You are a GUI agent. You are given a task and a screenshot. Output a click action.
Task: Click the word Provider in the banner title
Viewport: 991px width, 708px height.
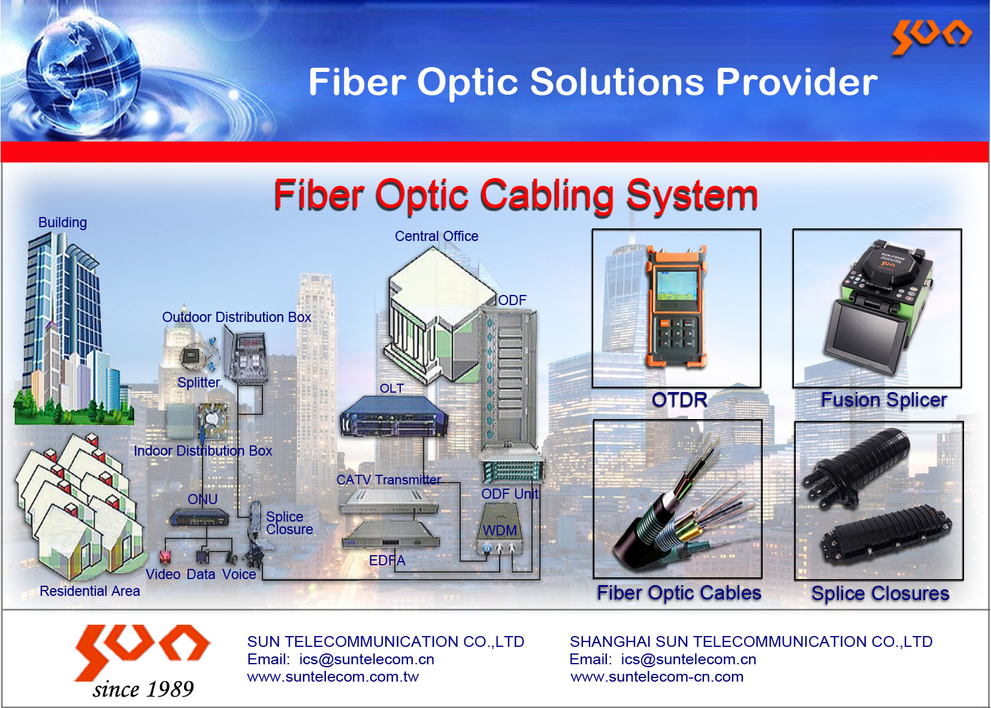pos(797,82)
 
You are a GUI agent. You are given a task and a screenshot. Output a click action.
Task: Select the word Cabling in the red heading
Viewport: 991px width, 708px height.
pos(547,195)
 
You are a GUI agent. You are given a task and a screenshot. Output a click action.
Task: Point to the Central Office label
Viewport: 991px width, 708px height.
pos(436,236)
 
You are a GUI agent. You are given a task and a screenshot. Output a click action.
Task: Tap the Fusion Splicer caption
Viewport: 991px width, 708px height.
pos(884,400)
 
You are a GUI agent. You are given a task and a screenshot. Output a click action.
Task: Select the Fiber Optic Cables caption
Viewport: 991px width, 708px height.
pos(679,592)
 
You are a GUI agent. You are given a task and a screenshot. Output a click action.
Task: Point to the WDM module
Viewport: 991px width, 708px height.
pos(500,529)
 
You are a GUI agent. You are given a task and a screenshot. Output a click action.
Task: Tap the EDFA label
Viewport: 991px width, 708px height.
pos(387,561)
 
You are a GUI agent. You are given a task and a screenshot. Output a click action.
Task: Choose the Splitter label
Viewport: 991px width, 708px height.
pos(199,382)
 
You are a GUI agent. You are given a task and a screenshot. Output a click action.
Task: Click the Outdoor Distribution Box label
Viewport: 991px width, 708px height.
pos(237,317)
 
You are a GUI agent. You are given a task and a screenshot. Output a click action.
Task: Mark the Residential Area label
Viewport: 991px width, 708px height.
pos(90,590)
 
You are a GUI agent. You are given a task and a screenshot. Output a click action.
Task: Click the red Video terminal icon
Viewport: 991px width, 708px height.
pos(165,558)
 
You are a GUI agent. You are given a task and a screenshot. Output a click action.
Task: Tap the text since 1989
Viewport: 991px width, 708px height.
pos(143,689)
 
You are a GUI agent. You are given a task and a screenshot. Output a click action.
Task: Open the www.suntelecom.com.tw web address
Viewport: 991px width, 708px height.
pos(333,677)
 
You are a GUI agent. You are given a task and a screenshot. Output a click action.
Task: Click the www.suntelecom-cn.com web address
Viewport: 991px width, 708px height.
pos(657,677)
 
